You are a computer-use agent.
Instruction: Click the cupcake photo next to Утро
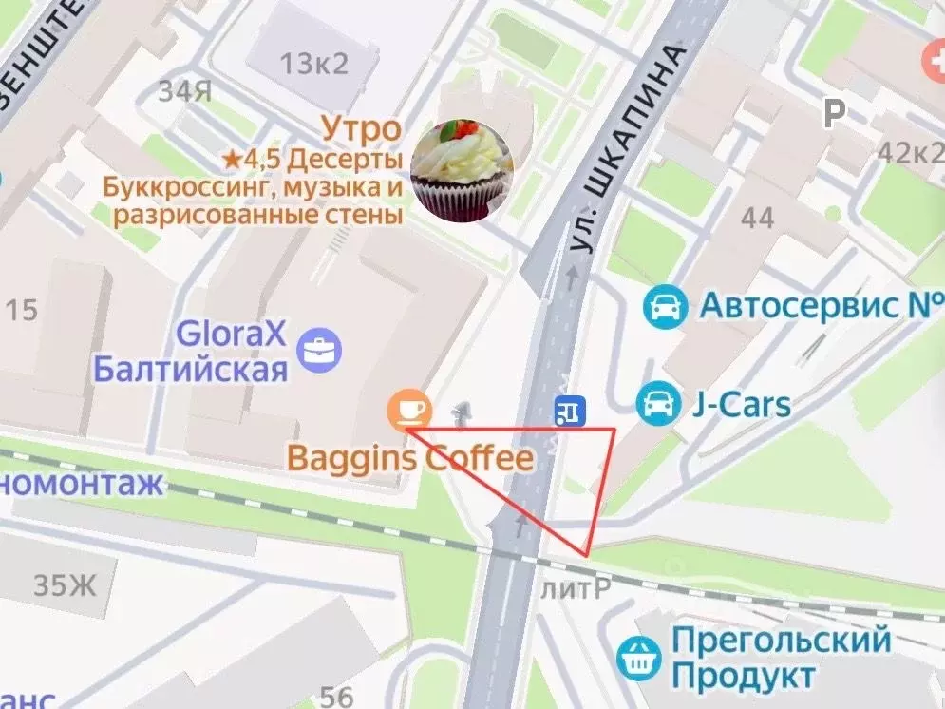[463, 170]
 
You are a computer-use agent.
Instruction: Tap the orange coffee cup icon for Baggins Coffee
[409, 410]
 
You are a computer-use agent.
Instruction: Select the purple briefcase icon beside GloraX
[319, 350]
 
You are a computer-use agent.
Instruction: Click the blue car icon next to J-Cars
[659, 405]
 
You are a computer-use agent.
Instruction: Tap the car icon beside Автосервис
[665, 306]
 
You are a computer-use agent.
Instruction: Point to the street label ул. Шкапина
[630, 149]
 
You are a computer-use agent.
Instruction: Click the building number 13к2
[314, 64]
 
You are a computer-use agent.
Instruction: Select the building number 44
[757, 218]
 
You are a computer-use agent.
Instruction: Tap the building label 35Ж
[65, 584]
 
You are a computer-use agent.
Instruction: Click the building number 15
[21, 310]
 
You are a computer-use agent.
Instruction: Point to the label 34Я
[184, 92]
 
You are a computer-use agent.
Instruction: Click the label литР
[575, 589]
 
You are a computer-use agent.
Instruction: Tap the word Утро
[360, 128]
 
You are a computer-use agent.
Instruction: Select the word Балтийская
[190, 369]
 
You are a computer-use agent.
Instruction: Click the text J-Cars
[741, 405]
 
